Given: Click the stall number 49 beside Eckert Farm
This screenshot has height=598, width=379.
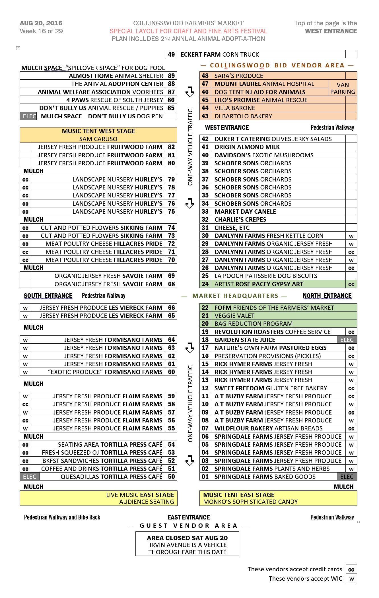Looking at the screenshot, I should pos(171,54).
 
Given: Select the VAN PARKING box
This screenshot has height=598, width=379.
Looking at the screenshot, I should pos(343,88).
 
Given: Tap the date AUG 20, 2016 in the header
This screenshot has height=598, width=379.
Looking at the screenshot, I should pos(41,23).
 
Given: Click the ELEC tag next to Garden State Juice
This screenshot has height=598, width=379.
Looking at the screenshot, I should pos(347,340).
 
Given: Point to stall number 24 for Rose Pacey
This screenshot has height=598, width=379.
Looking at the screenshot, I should pos(205,284).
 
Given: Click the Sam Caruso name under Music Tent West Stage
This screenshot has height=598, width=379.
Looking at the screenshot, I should pos(98,139).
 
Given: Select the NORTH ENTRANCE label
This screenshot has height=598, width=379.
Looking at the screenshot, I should pos(327,296).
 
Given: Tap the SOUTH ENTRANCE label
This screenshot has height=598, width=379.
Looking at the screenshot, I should pos(48,296).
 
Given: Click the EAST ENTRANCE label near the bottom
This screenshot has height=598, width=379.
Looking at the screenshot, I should pos(189,517).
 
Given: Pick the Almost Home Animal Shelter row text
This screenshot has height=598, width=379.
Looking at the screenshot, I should pos(116,76).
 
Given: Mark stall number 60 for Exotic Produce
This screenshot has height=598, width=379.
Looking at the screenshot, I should pos(171,372).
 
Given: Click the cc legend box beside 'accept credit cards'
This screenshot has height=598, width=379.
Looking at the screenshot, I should pos(351,570).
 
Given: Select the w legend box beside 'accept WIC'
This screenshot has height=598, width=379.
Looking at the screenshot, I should pos(351,579).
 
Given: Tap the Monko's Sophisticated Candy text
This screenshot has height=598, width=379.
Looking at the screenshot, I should pos(250,502).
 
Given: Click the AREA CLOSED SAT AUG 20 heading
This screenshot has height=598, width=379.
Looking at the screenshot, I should pos(187,538).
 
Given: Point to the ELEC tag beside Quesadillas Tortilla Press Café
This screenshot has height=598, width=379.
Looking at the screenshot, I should pos(30,477).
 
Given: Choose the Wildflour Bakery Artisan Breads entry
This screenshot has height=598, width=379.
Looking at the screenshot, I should pos(268,428).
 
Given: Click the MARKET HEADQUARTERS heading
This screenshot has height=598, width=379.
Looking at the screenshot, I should pos(235,296).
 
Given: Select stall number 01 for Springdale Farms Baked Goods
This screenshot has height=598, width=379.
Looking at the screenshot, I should pos(205,477).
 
